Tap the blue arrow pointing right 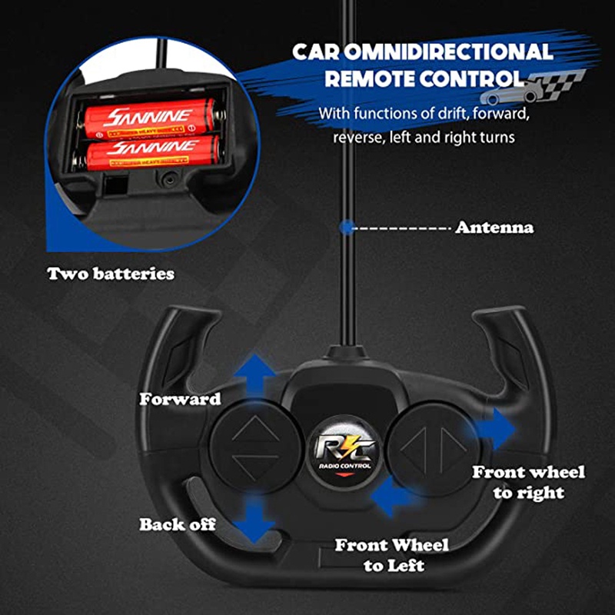[x=497, y=428]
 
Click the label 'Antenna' [x=494, y=228]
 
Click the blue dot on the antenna [x=348, y=228]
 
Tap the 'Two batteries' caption [x=111, y=273]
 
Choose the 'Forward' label [x=180, y=399]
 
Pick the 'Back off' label [x=178, y=525]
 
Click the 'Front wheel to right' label [x=528, y=482]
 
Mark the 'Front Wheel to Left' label [x=392, y=555]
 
